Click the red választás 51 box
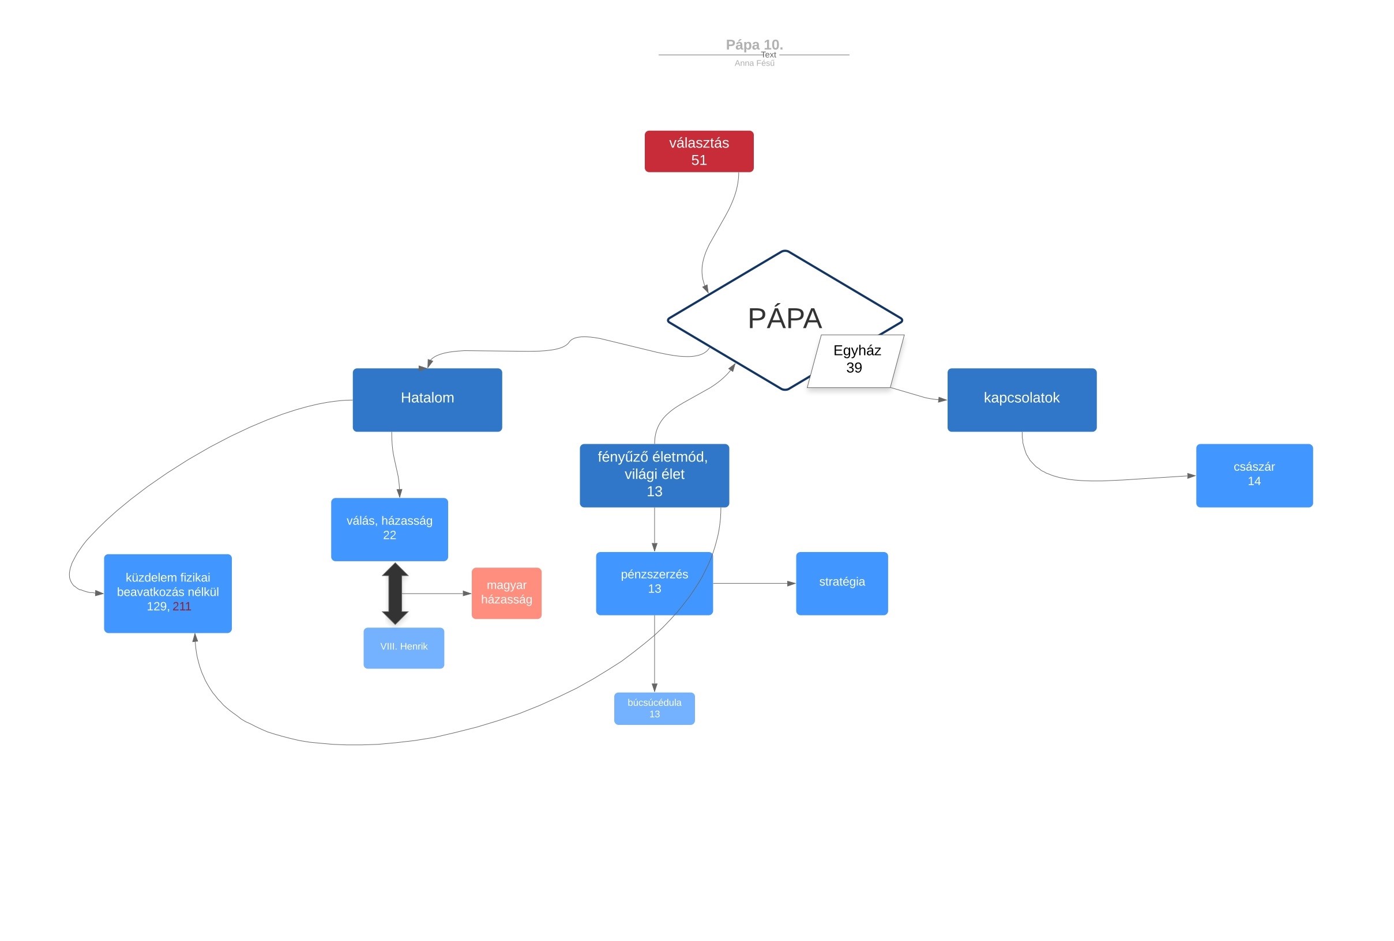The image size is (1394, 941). tap(699, 152)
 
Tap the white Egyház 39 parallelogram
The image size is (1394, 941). tap(856, 361)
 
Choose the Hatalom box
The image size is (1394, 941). tap(427, 400)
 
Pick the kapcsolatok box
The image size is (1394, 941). tap(1022, 400)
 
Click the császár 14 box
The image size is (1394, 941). tap(1254, 475)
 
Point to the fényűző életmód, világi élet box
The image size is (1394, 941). tap(655, 475)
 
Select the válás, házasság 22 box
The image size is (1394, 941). tap(389, 529)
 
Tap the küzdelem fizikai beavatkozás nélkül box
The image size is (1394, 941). tap(168, 594)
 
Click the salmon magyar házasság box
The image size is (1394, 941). tap(506, 593)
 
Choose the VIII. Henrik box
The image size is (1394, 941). tap(404, 648)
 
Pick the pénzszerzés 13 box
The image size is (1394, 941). tap(655, 583)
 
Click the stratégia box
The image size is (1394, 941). tap(842, 583)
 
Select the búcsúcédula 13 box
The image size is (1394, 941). tap(655, 708)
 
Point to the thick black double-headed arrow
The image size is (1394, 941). tap(395, 594)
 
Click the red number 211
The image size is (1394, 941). tap(182, 607)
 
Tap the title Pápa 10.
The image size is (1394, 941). tap(754, 45)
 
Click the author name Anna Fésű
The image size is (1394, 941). tap(754, 63)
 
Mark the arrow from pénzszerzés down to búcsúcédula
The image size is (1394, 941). tap(655, 654)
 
